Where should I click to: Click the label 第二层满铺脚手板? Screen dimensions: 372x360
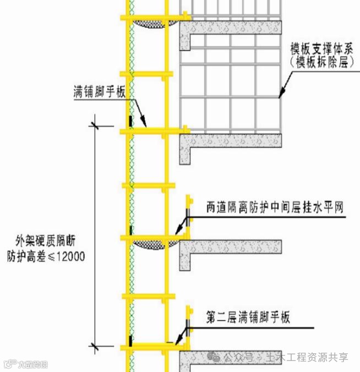point(248,318)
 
